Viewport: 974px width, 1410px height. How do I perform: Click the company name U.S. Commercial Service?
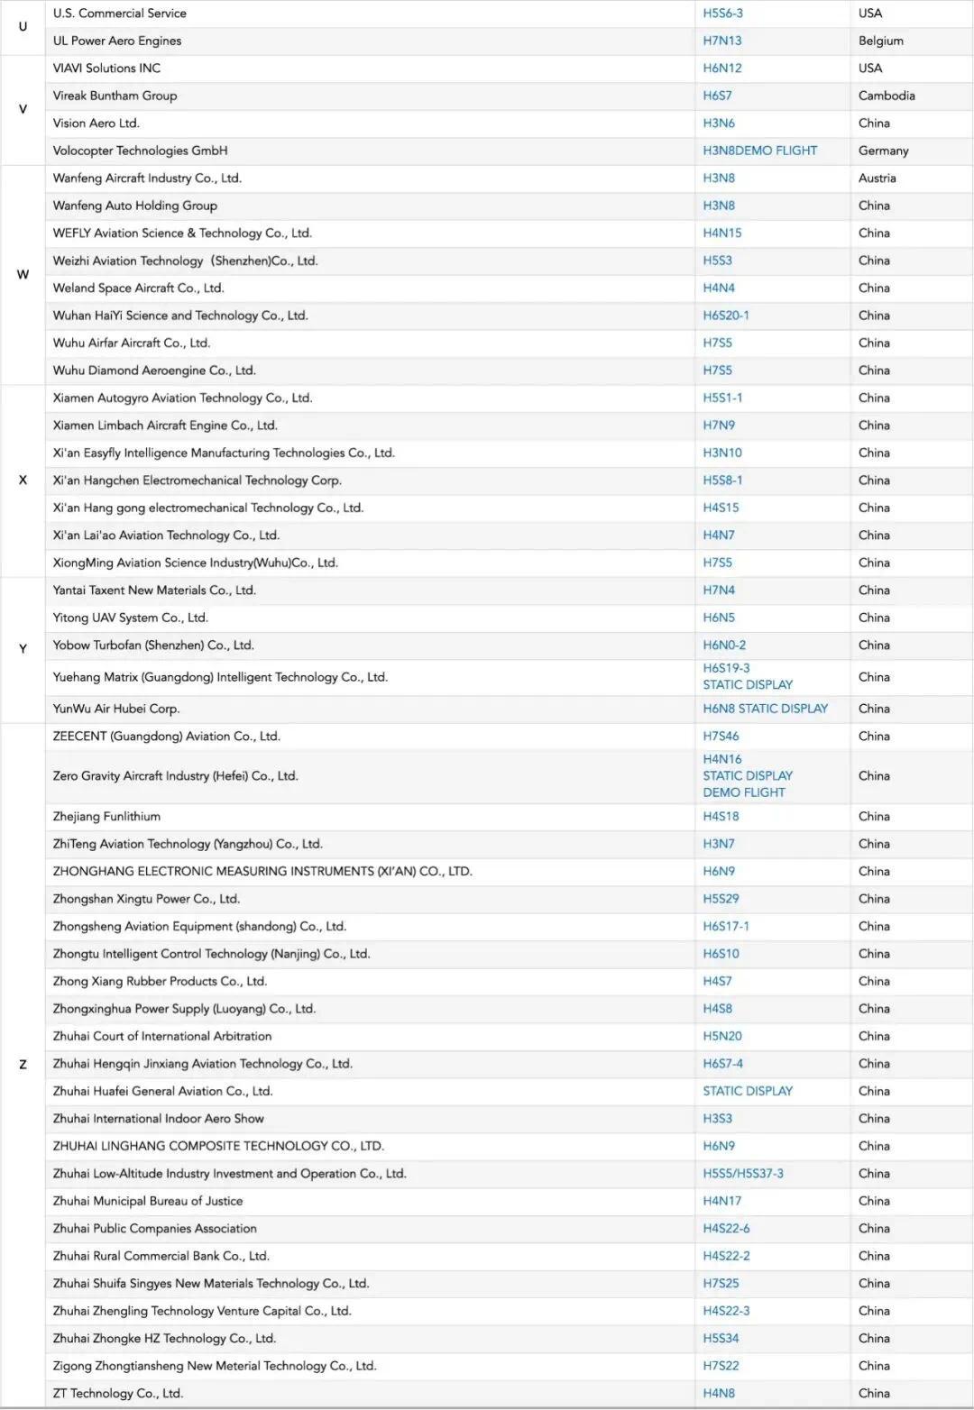(x=120, y=14)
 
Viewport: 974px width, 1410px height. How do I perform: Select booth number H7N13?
(x=722, y=41)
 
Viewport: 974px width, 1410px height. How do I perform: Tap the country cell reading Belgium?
(x=881, y=41)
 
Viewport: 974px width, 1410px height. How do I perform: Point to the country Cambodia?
(x=887, y=96)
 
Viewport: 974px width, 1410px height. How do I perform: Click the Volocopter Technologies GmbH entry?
(x=140, y=151)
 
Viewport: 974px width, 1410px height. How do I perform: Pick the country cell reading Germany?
(x=883, y=151)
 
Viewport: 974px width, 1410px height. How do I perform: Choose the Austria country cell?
(x=877, y=179)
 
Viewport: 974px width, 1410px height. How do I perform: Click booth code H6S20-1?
(x=726, y=316)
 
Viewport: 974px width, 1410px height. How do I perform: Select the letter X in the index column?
(x=23, y=481)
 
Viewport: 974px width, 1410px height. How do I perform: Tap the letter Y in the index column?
(x=23, y=649)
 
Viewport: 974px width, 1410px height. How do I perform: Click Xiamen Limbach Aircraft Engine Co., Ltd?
(x=165, y=426)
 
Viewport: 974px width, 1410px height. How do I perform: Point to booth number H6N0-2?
(x=724, y=645)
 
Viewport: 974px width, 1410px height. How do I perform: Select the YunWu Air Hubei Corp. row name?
(x=116, y=709)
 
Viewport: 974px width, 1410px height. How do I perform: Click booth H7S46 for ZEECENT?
(x=721, y=737)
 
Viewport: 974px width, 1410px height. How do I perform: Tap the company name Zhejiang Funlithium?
(x=106, y=817)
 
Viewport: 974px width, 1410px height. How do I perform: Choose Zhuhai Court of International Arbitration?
(x=162, y=1037)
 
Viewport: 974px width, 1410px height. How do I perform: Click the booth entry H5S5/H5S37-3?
(x=743, y=1174)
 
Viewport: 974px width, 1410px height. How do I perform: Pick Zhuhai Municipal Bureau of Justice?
(x=148, y=1201)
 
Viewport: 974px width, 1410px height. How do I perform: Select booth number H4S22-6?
(x=726, y=1229)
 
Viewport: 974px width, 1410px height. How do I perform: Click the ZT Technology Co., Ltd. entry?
(x=118, y=1393)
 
